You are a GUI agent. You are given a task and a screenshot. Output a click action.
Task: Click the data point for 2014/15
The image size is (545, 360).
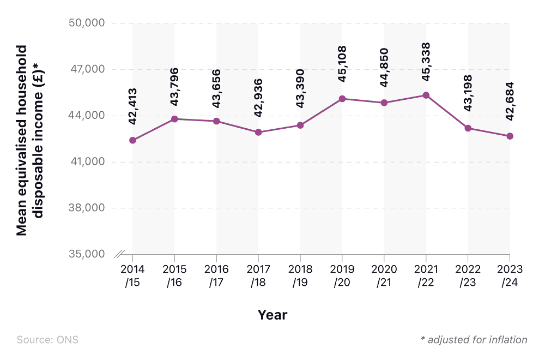[x=132, y=140]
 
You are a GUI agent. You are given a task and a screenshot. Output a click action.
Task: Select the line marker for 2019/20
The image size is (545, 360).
[x=342, y=99]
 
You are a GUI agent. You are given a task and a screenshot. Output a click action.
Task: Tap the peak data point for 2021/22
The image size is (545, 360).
[x=426, y=95]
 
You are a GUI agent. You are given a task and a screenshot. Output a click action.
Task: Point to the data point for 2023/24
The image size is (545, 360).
[x=510, y=136]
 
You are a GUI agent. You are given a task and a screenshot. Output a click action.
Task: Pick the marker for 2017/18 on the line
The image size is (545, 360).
[x=258, y=132]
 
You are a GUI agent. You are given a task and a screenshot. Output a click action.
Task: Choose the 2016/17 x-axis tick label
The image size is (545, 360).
[x=216, y=275]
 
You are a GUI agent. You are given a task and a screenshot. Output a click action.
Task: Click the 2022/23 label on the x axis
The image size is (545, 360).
[x=468, y=275]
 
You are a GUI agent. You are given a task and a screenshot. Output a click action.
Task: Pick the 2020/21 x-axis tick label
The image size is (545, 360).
[x=384, y=275]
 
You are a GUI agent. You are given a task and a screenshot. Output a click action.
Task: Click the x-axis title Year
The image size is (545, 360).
[x=272, y=315]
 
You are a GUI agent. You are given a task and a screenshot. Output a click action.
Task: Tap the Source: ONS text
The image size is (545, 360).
[x=47, y=340]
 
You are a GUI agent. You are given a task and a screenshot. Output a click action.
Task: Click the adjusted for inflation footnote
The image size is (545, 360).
[x=474, y=340]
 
